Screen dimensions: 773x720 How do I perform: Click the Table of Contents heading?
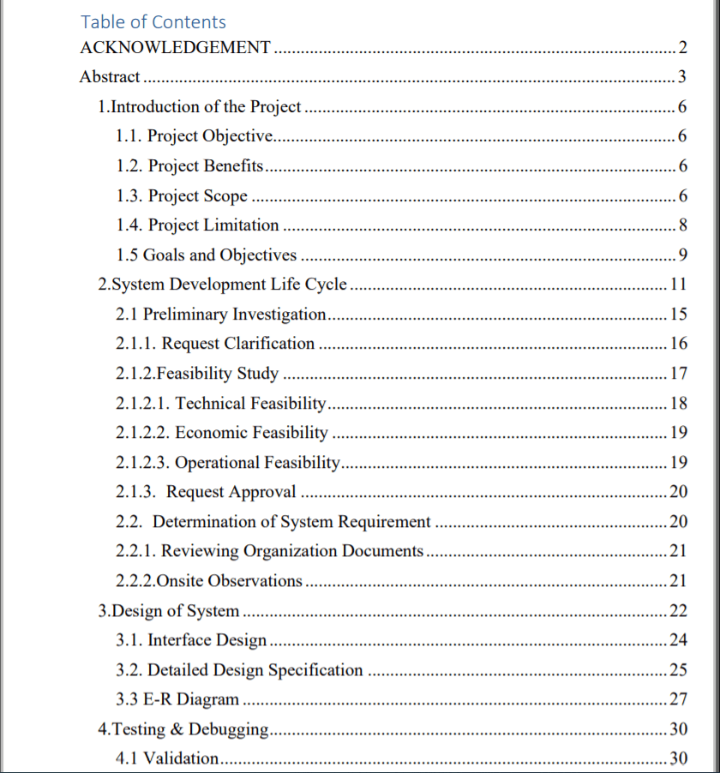point(153,22)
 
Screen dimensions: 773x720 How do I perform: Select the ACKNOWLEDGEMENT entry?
point(175,48)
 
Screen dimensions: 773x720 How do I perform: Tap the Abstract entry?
point(110,77)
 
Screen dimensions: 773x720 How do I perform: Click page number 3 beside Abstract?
point(681,77)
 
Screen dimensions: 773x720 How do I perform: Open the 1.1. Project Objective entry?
point(195,136)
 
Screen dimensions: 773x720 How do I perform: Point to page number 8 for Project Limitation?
point(681,225)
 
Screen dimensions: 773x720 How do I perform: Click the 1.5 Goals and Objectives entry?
point(206,255)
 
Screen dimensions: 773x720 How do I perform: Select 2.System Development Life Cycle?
point(223,285)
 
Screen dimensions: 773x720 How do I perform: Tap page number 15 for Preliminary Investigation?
point(678,315)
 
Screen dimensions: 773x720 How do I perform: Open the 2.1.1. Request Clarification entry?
point(215,344)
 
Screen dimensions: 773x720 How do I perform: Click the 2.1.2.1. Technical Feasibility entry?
point(221,403)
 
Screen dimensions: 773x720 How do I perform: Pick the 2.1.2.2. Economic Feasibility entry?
point(222,433)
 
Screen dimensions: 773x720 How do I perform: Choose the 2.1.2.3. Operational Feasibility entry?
point(228,463)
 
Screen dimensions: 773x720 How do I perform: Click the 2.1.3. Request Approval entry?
point(206,492)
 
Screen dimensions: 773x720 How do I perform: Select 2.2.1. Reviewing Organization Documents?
point(270,551)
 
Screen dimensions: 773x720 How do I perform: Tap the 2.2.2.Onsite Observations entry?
point(209,581)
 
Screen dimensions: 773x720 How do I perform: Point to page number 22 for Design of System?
point(678,611)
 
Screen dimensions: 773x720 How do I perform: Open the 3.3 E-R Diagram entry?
point(177,699)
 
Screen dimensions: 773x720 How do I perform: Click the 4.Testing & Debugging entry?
point(183,729)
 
